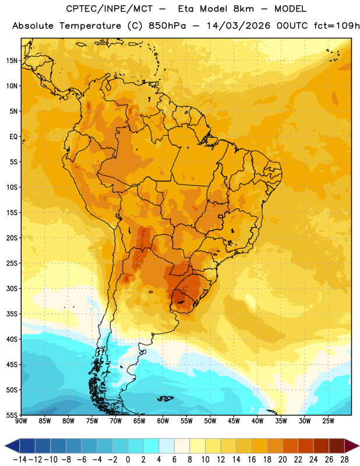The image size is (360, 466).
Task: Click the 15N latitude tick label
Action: point(12,61)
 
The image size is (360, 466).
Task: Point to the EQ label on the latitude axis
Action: point(13,137)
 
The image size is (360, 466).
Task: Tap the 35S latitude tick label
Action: point(12,314)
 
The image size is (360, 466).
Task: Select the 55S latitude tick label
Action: point(12,415)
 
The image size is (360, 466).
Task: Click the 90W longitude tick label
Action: point(21,421)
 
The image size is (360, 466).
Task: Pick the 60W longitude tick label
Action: point(163,421)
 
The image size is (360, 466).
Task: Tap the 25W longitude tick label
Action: point(328,421)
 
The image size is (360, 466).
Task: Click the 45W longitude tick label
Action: point(234,421)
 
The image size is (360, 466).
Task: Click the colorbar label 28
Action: point(344,460)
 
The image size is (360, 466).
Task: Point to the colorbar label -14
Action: point(19,460)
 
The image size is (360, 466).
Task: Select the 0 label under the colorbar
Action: point(128,460)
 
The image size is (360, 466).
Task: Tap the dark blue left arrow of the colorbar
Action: point(12,446)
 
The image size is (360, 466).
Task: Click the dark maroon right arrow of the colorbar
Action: point(352,446)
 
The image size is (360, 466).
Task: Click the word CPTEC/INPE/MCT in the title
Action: point(109,9)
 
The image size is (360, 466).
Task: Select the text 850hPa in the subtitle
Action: point(167,26)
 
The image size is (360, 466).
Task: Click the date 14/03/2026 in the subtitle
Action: point(238,26)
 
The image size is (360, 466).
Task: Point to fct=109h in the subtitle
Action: point(337,26)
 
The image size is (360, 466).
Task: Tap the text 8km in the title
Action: point(243,9)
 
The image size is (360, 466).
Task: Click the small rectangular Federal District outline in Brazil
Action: point(221,216)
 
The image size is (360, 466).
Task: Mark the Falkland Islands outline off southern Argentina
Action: point(165,398)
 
